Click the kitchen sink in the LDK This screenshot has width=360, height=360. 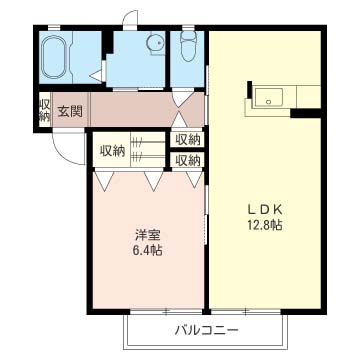point(270,98)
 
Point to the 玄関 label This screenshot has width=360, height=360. point(70,110)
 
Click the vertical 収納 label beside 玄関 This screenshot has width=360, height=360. point(44,110)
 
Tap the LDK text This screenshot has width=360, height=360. point(266,209)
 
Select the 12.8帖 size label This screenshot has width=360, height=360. point(266,226)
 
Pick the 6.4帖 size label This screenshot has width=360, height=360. point(148,250)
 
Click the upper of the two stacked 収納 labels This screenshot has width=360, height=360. point(188,140)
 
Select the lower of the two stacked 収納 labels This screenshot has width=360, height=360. point(188,159)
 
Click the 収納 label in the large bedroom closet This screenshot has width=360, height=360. point(112,150)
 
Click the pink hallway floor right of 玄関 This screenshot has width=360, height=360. point(130,108)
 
